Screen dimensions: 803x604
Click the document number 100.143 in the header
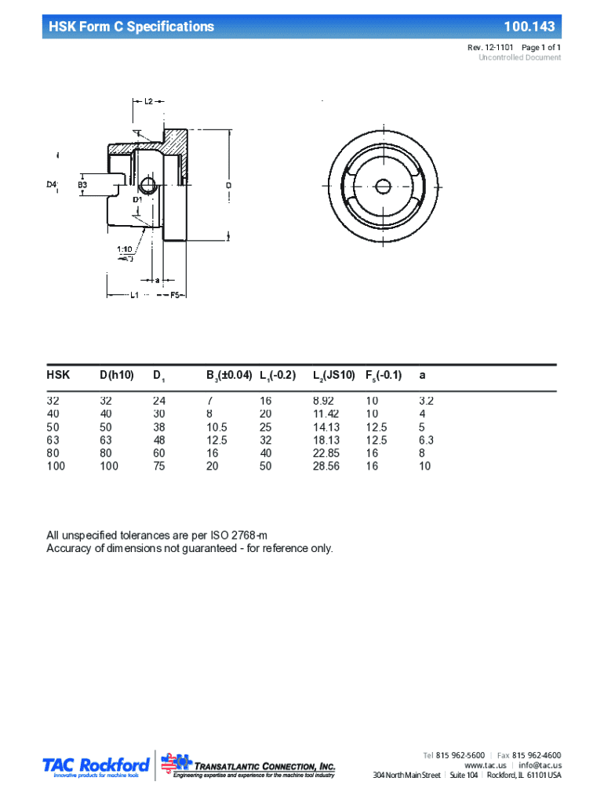pos(529,27)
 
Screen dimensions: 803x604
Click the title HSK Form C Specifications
pos(131,27)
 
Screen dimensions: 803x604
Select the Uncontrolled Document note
pos(519,58)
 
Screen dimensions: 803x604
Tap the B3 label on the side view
pos(82,184)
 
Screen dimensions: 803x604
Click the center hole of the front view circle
pos(383,186)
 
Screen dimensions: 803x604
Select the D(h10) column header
pos(116,375)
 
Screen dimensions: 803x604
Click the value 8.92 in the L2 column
pos(326,400)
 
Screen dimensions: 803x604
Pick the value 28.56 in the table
pos(326,467)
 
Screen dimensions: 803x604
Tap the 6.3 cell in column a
pos(426,440)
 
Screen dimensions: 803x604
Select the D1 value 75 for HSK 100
pos(159,467)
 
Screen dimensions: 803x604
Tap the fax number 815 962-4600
pos(537,754)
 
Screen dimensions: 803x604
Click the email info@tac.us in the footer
pos(540,765)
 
